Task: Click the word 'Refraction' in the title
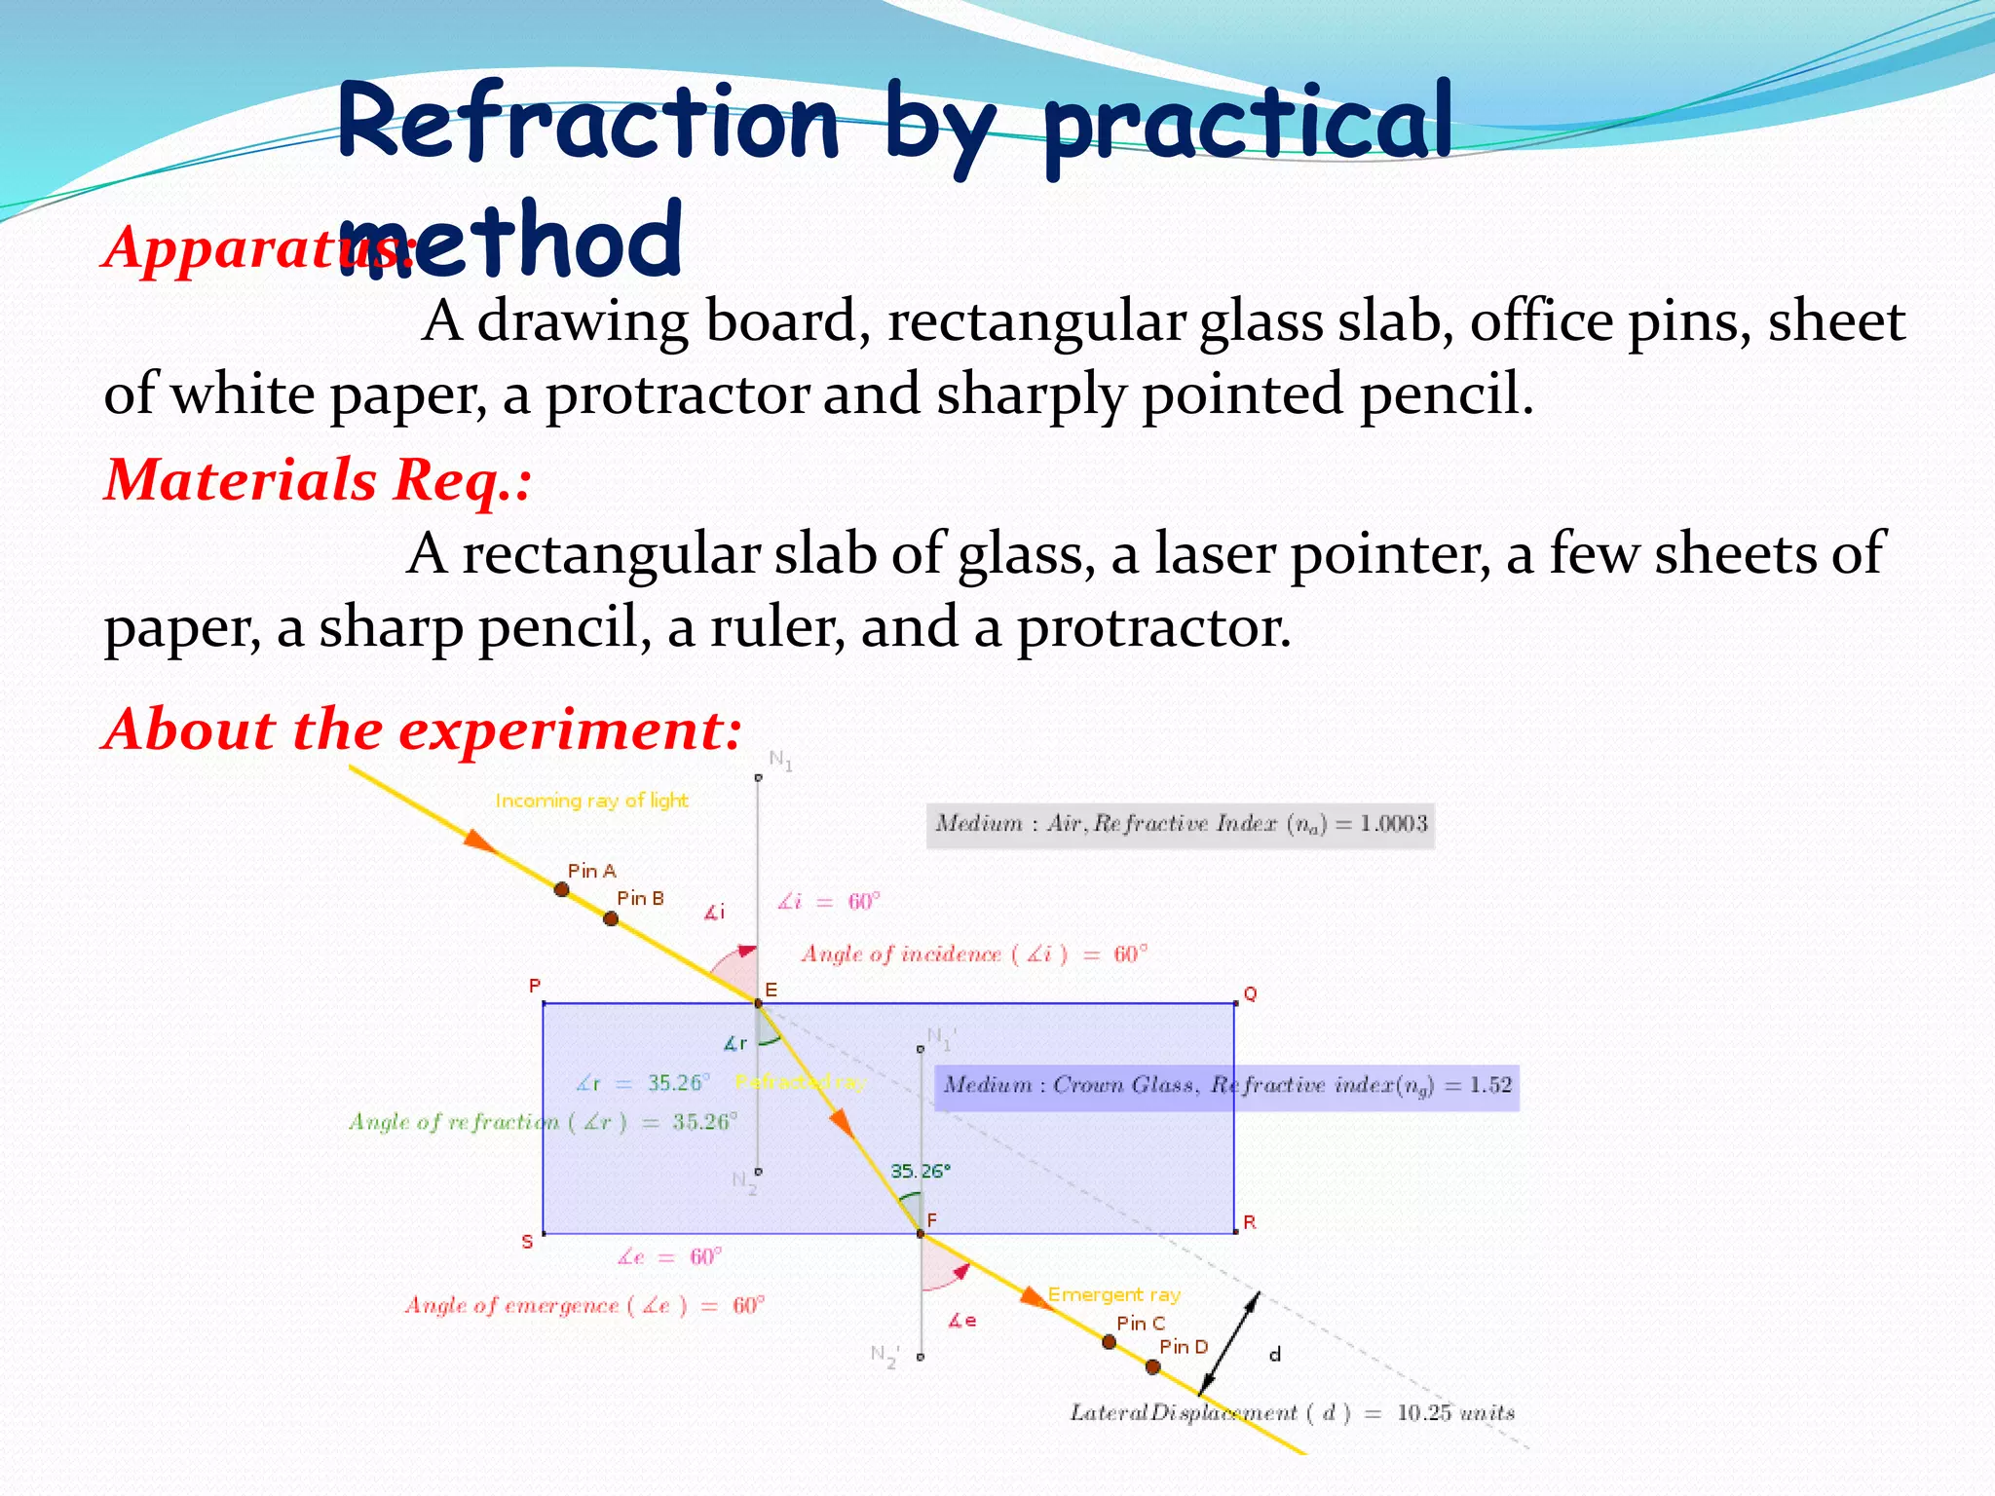587,125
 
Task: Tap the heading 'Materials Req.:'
319,480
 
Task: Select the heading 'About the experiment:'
423,729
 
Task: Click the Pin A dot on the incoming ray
562,889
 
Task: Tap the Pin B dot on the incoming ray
611,918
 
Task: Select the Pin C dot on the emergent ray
1109,1342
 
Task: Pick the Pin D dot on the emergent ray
1153,1367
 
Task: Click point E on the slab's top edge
758,1002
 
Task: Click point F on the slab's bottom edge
921,1234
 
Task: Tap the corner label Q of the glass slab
1250,993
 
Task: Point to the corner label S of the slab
527,1242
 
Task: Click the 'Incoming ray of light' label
591,801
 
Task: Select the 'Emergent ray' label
1113,1295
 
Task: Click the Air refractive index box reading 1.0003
1180,824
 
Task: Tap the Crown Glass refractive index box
1226,1085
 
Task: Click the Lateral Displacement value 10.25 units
1455,1413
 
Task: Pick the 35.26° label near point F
919,1171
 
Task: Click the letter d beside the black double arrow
1275,1355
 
